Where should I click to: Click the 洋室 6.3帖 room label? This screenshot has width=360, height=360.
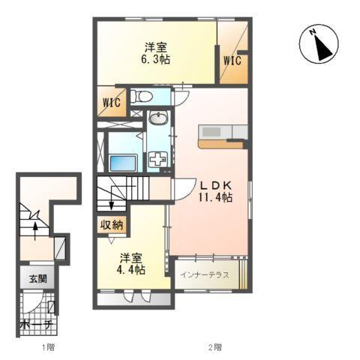coord(155,53)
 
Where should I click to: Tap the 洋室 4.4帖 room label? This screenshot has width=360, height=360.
coord(131,264)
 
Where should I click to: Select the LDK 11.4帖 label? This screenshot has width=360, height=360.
coord(215,191)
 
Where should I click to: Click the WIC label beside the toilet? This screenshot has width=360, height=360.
coord(112,103)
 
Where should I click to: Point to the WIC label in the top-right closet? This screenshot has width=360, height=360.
coord(232,61)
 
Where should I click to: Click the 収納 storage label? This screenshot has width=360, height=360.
coord(112,225)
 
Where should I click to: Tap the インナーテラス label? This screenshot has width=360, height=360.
coord(205,275)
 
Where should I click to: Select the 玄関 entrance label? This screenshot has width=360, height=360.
coord(37,278)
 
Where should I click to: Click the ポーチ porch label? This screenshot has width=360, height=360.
coord(36,325)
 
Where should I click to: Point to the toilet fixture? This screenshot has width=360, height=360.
coord(142,96)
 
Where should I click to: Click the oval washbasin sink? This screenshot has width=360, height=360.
coord(158,118)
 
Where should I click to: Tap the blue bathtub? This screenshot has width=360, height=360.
coord(123,163)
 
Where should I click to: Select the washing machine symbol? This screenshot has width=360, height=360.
coord(158,159)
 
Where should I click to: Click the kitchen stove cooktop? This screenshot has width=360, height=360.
coord(211,132)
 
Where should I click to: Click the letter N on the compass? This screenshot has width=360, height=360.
coord(312,31)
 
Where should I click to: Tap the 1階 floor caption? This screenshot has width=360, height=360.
coord(48,347)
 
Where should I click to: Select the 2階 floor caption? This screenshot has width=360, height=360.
coord(214,347)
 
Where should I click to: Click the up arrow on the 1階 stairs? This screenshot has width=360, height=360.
coord(35,231)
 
